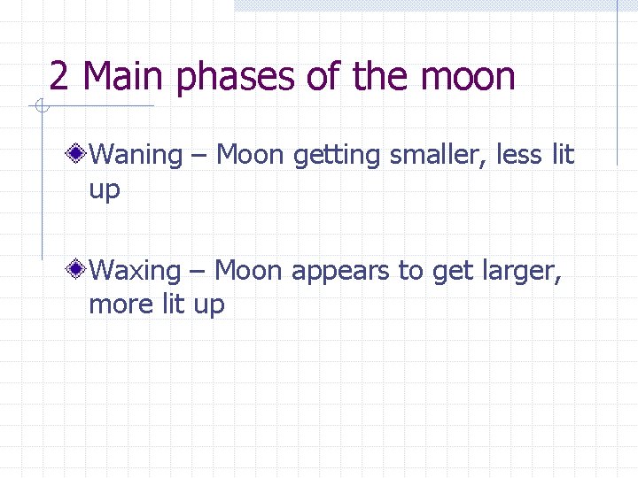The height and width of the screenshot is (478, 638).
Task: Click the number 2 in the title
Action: [59, 77]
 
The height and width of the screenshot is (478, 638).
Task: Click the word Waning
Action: [136, 156]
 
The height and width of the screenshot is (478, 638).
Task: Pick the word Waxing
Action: [135, 271]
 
